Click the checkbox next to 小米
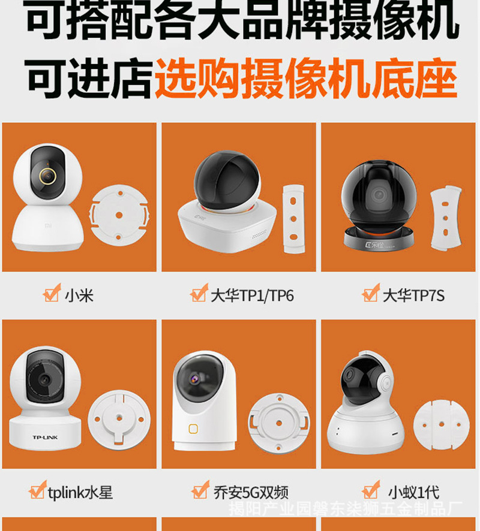(x=52, y=294)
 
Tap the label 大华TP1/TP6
(x=252, y=295)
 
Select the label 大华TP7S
(x=414, y=295)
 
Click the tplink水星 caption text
(x=80, y=493)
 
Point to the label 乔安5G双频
(x=251, y=493)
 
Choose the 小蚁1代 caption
(x=413, y=493)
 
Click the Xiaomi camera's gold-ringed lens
(x=46, y=177)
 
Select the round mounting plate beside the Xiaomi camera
(x=119, y=215)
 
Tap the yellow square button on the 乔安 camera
(x=193, y=429)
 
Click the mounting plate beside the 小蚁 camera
(x=442, y=424)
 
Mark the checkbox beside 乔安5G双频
(x=200, y=491)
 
